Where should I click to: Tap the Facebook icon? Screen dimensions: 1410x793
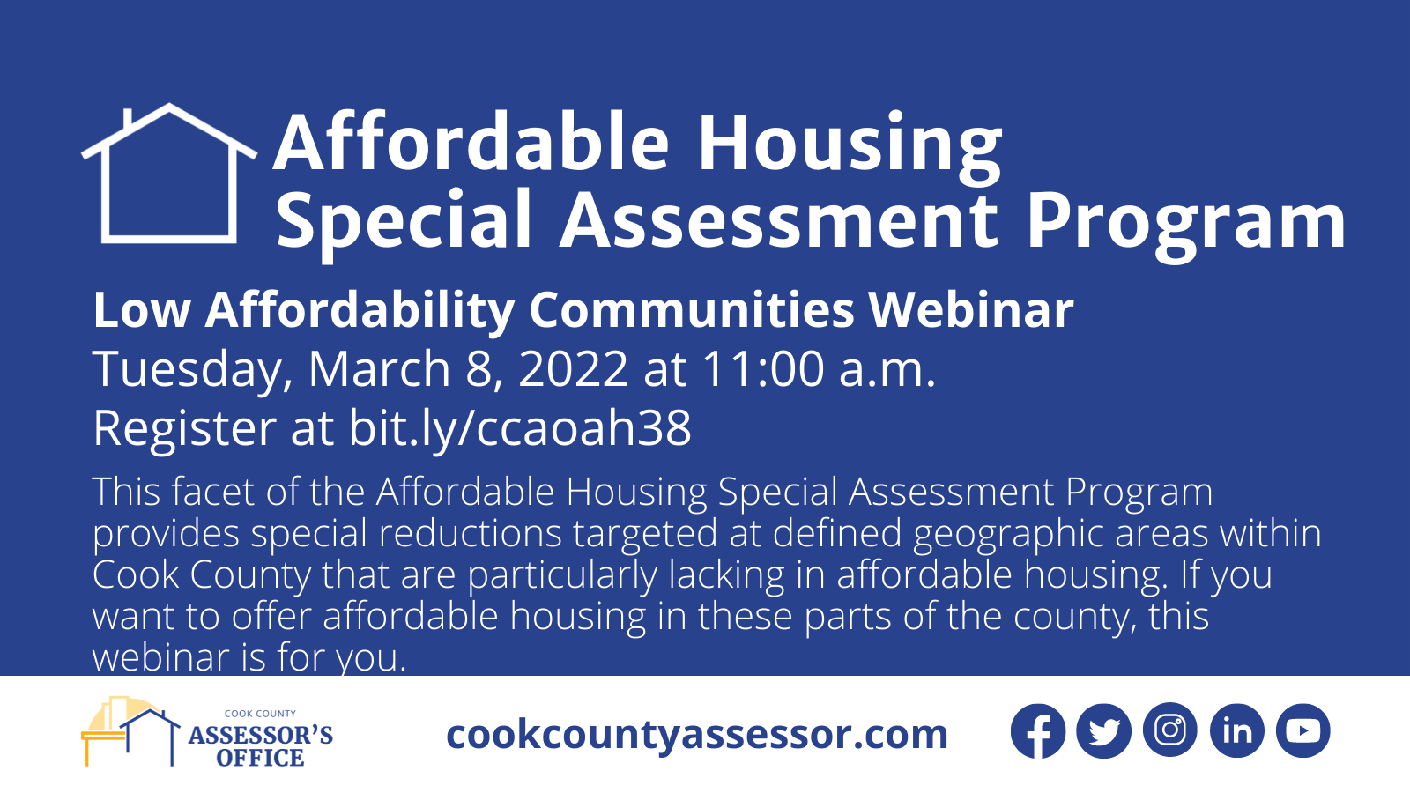click(1038, 730)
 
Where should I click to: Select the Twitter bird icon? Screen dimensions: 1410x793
click(1104, 730)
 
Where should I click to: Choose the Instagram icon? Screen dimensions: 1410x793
click(1170, 730)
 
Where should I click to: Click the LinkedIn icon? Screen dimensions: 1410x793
click(1237, 730)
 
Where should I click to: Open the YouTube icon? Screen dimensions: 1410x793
click(1303, 730)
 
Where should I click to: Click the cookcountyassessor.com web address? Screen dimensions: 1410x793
click(697, 735)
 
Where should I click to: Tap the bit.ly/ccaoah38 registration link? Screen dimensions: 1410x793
click(520, 428)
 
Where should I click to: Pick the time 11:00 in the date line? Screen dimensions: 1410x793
click(763, 368)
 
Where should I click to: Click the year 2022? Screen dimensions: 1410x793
click(573, 368)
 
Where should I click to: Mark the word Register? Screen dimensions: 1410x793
click(185, 430)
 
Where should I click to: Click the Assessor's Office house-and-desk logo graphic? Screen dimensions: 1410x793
click(131, 730)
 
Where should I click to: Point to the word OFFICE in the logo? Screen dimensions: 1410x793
click(260, 758)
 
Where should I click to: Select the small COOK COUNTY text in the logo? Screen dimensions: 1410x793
click(260, 714)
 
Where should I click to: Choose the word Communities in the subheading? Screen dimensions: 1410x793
click(692, 309)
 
